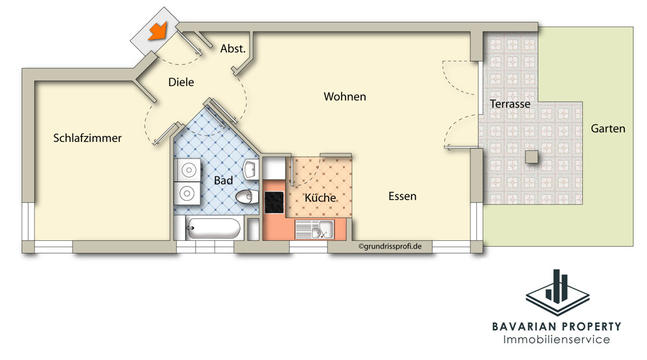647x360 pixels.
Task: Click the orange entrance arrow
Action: [x=158, y=31]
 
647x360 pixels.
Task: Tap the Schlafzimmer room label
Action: [x=87, y=138]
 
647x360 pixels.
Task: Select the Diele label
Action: [x=181, y=82]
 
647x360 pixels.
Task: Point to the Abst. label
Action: [x=233, y=49]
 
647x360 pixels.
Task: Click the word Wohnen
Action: [x=345, y=96]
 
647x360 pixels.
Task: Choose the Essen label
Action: [x=402, y=196]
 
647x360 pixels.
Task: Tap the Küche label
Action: [x=320, y=197]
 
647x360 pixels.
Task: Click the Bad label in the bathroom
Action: [x=223, y=181]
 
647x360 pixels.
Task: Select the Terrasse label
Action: [x=510, y=104]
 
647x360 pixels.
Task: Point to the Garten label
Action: [x=608, y=128]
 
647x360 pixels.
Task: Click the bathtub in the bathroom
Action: [x=212, y=229]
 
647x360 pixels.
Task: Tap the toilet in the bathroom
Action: [x=247, y=197]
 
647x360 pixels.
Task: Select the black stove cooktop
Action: [x=274, y=202]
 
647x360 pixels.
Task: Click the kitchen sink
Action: [x=314, y=230]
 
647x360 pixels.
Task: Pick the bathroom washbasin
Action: [x=251, y=169]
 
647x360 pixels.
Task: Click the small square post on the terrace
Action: [x=531, y=157]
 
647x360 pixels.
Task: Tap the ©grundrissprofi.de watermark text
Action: [x=390, y=247]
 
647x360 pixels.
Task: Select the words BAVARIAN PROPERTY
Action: [x=556, y=326]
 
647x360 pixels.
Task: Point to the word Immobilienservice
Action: [x=556, y=340]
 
